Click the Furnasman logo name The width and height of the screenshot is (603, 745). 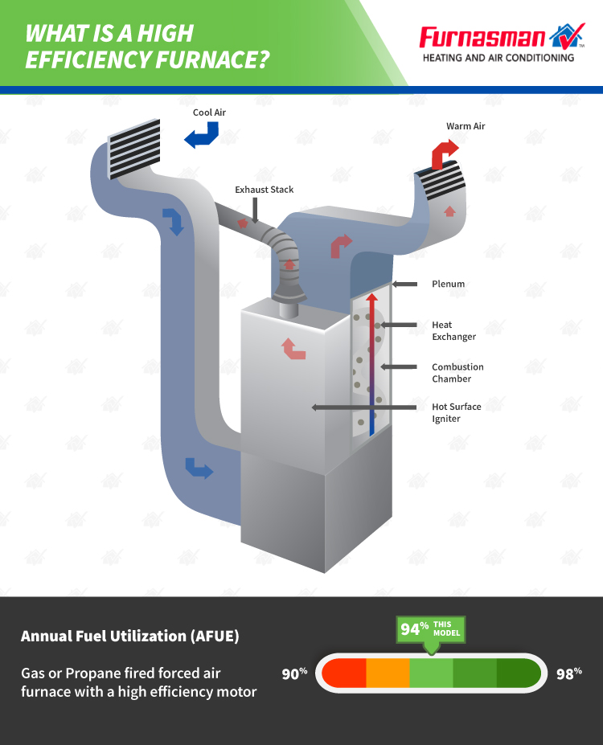click(x=482, y=38)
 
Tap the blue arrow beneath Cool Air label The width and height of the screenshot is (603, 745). click(x=202, y=135)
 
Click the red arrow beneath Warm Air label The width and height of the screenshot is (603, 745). click(x=445, y=153)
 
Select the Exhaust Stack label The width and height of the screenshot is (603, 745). click(x=265, y=190)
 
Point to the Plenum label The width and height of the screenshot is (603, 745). click(x=448, y=284)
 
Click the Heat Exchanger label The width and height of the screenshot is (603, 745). click(x=453, y=330)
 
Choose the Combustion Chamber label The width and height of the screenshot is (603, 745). click(x=457, y=373)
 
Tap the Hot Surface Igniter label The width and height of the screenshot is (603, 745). click(x=456, y=412)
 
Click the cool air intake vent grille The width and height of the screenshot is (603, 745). click(x=134, y=149)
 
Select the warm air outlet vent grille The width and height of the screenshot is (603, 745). click(x=440, y=181)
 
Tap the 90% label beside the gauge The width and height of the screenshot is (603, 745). click(x=294, y=673)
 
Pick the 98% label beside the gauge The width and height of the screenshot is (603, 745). click(x=568, y=673)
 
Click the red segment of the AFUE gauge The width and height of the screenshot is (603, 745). click(x=344, y=673)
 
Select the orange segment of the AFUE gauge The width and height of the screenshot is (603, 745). click(x=388, y=673)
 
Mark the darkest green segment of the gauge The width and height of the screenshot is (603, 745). click(x=519, y=673)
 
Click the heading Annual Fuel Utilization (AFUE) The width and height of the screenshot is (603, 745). click(x=129, y=637)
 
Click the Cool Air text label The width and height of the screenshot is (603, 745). click(x=209, y=113)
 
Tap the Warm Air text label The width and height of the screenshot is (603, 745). click(x=466, y=126)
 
